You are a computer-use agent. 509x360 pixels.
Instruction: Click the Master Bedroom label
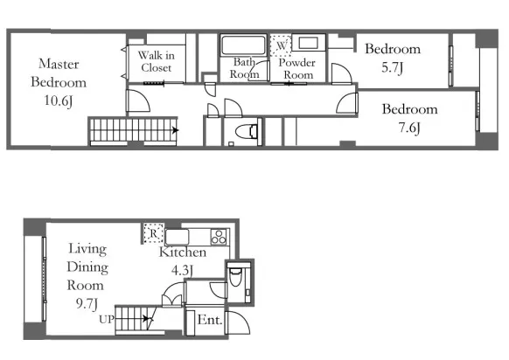pyautogui.click(x=59, y=73)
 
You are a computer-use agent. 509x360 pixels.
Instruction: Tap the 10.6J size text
pyautogui.click(x=58, y=100)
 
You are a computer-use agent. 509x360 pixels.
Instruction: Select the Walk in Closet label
pyautogui.click(x=157, y=61)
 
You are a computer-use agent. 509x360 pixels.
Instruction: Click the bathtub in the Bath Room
pyautogui.click(x=243, y=45)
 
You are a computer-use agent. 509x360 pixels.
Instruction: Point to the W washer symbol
pyautogui.click(x=281, y=45)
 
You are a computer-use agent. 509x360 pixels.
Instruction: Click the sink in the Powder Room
pyautogui.click(x=308, y=43)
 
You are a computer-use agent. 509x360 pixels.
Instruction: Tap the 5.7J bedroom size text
pyautogui.click(x=392, y=67)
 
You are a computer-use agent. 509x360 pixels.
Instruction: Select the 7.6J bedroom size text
pyautogui.click(x=409, y=128)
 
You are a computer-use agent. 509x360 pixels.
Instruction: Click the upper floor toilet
pyautogui.click(x=247, y=131)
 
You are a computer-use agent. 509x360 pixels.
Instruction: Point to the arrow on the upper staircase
pyautogui.click(x=175, y=130)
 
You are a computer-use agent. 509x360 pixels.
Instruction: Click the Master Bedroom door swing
pyautogui.click(x=138, y=100)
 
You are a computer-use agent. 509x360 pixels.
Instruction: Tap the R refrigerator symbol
pyautogui.click(x=153, y=233)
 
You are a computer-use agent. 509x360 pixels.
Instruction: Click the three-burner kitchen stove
pyautogui.click(x=219, y=237)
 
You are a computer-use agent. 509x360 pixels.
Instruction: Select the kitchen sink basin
pyautogui.click(x=177, y=237)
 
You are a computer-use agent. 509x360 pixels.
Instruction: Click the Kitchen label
pyautogui.click(x=183, y=252)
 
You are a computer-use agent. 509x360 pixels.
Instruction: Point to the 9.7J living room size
pyautogui.click(x=87, y=304)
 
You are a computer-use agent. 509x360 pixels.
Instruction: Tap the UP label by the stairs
pyautogui.click(x=107, y=320)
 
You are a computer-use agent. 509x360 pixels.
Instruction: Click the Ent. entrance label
pyautogui.click(x=210, y=320)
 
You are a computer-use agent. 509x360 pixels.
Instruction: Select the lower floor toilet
pyautogui.click(x=235, y=277)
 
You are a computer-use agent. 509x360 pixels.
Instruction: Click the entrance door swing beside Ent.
pyautogui.click(x=238, y=322)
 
